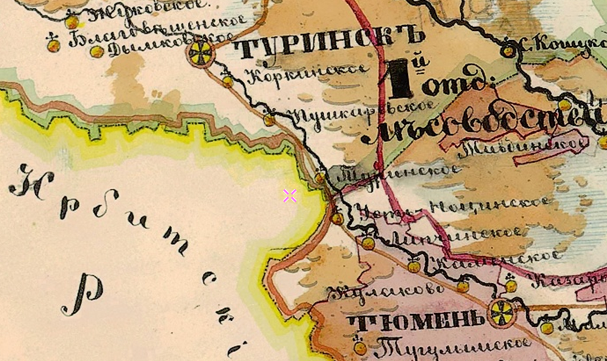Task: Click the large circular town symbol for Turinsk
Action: pos(202,54)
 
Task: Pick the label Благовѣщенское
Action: pos(157,33)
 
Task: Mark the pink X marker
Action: pos(290,196)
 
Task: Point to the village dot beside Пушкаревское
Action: pos(270,120)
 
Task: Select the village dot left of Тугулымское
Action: pos(360,348)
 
